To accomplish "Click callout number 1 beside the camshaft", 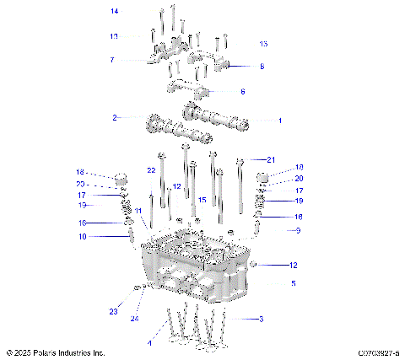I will point(279,121).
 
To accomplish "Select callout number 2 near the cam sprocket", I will point(115,117).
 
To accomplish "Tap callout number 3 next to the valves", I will point(261,319).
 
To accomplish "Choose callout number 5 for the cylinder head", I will point(293,284).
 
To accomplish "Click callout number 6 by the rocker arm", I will point(243,91).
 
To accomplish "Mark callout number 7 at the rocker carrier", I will point(111,60).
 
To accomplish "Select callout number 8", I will point(261,65).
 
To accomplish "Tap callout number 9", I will point(297,230).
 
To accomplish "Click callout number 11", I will point(138,210).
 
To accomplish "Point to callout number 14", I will point(114,11).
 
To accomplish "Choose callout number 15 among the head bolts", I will point(202,200).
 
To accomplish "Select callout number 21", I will point(271,159).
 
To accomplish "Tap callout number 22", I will point(151,170).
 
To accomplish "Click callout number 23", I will point(113,312).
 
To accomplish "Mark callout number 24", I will point(134,319).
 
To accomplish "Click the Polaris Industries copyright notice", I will point(56,352).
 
